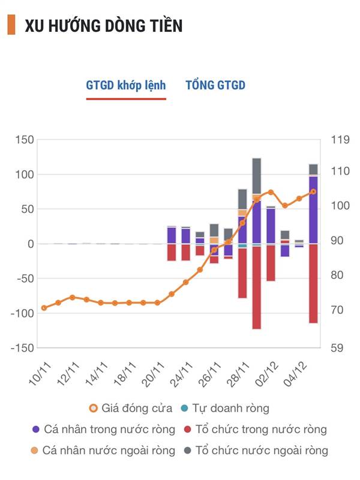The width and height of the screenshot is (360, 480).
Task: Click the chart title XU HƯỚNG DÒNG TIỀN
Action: tap(104, 26)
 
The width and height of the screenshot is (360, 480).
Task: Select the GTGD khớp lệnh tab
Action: tap(126, 85)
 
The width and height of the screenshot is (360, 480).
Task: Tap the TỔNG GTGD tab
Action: tap(215, 85)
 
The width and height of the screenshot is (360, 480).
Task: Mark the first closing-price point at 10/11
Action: tap(44, 308)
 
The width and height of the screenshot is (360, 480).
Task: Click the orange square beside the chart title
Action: tap(11, 26)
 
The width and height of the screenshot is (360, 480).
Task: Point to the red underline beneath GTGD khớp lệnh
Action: tap(126, 98)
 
